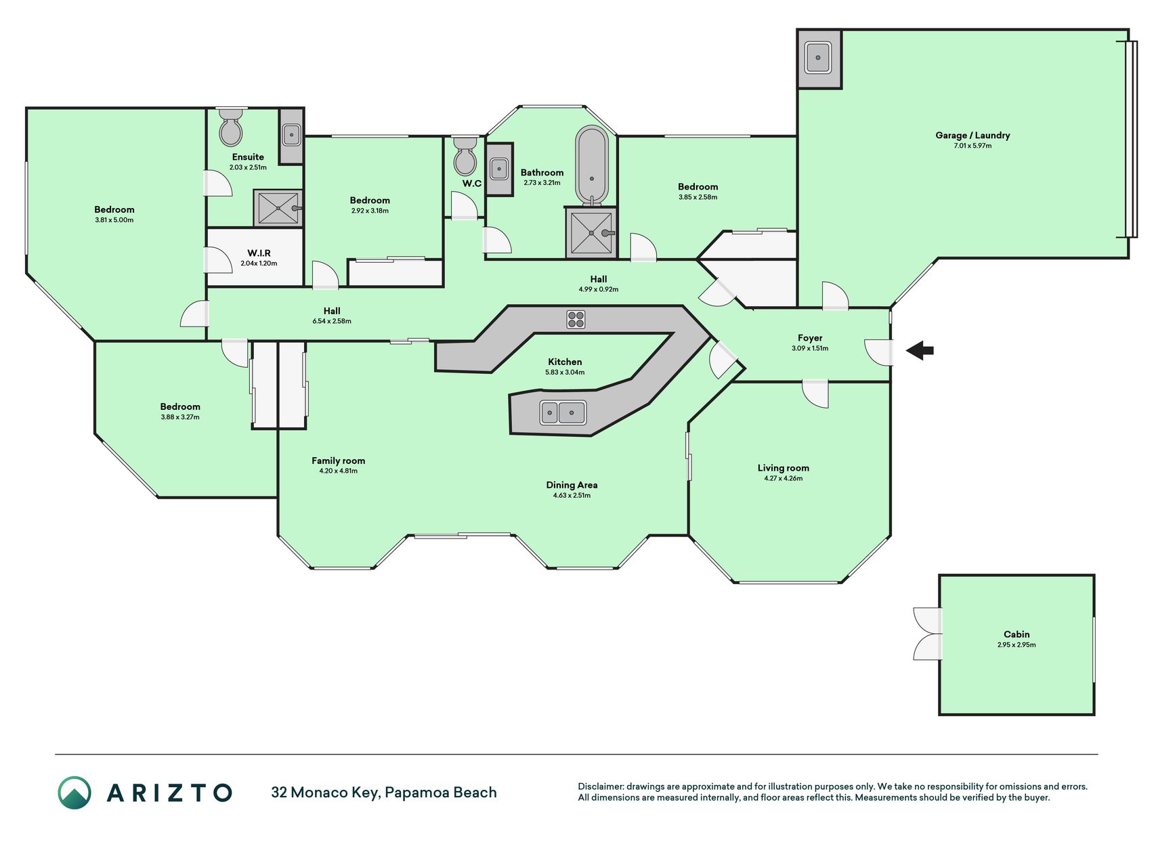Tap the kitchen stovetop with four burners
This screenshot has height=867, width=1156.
(x=576, y=319)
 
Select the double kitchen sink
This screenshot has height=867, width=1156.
(x=563, y=412)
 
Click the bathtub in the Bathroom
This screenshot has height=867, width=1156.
(x=592, y=166)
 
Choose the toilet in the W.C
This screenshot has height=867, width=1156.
(x=465, y=156)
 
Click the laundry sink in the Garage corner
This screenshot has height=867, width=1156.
(x=818, y=58)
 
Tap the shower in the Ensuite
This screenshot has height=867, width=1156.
(x=278, y=208)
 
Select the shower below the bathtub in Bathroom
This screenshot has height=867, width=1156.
(x=591, y=233)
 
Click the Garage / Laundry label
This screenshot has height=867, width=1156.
(x=972, y=135)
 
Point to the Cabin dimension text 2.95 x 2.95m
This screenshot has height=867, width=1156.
(x=1016, y=645)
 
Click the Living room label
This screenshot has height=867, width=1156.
(x=783, y=468)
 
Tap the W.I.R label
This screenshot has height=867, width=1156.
(x=259, y=253)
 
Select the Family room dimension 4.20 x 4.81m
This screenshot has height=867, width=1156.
(x=338, y=471)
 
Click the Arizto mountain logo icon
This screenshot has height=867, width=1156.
(x=74, y=792)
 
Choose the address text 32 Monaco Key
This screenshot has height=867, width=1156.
(x=325, y=792)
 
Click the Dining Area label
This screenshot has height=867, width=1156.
(x=572, y=485)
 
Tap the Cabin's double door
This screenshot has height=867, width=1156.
(x=927, y=634)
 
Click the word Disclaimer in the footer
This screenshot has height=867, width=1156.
(x=600, y=786)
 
